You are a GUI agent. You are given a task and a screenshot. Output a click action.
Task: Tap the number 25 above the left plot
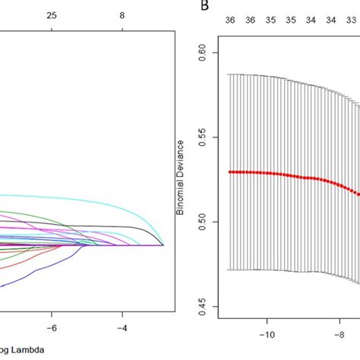52,14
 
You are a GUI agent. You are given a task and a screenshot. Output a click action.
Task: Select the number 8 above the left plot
122,14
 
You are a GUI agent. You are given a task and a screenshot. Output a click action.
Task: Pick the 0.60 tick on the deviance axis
203,52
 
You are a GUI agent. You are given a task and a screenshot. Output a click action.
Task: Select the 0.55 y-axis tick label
203,137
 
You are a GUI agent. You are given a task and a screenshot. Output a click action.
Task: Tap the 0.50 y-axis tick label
203,222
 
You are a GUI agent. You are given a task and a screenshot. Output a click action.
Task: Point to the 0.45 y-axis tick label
203,307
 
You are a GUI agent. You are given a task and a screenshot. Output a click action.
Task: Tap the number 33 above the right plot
350,21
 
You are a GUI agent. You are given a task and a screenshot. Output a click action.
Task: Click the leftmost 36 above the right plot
230,21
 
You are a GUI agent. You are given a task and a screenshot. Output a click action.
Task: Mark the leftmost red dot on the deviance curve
229,172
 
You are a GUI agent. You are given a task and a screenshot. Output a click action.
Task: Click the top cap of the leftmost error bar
229,74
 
